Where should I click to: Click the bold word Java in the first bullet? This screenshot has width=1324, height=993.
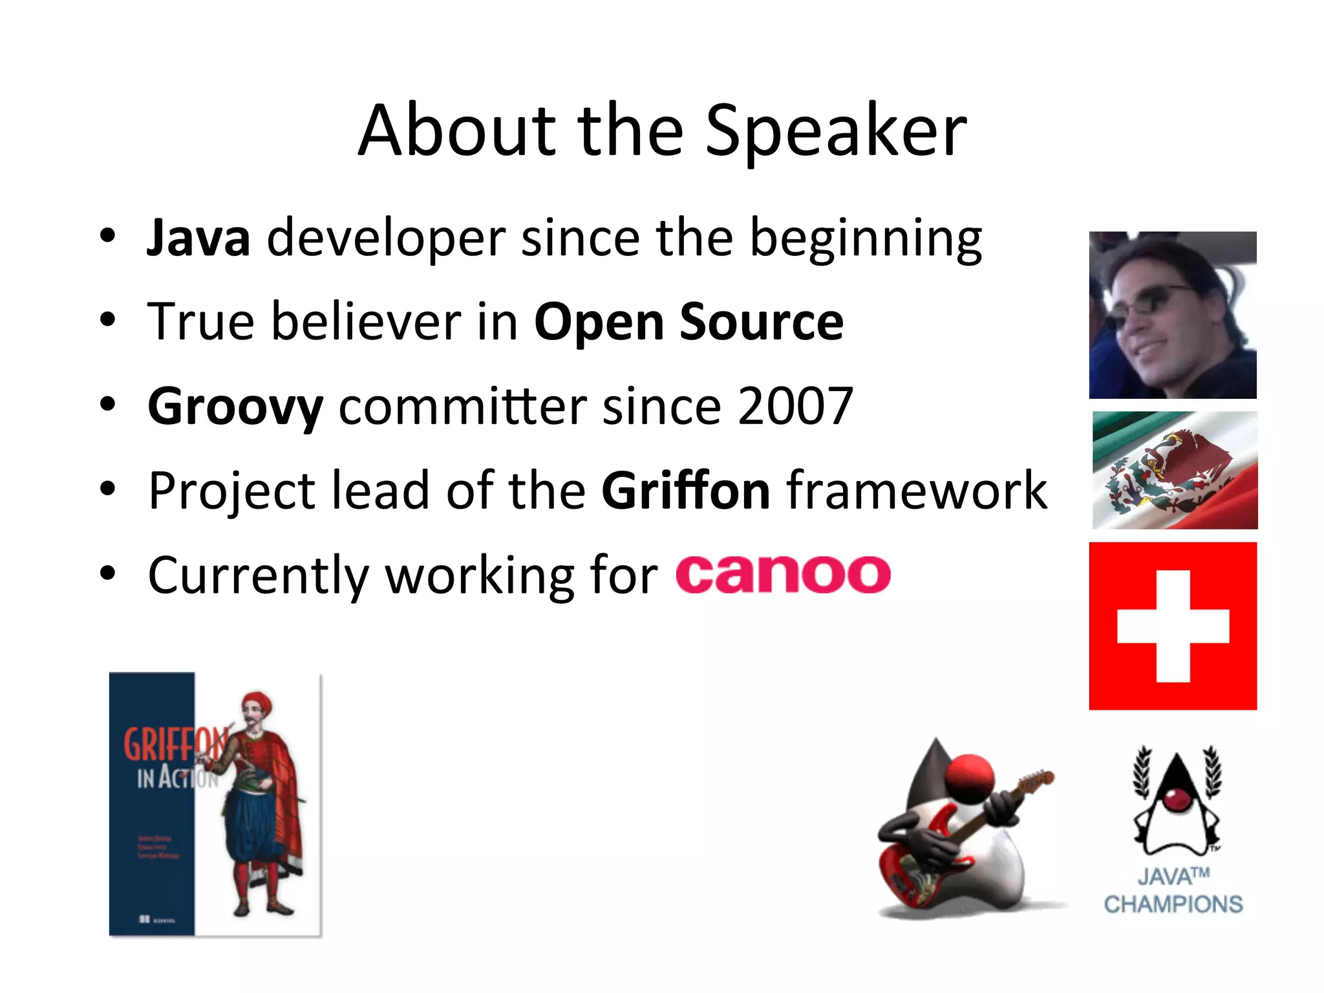pos(198,239)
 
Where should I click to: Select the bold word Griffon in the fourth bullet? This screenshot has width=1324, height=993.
pos(686,491)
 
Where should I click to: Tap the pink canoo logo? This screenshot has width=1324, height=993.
pos(783,575)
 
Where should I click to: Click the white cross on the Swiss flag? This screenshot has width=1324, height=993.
pos(1173,626)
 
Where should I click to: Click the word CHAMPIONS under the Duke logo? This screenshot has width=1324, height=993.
pos(1173,904)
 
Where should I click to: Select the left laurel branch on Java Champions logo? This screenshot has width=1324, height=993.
pos(1143,773)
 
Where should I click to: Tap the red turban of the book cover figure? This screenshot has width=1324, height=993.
pos(257,701)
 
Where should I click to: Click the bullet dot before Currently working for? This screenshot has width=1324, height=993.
pos(107,573)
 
